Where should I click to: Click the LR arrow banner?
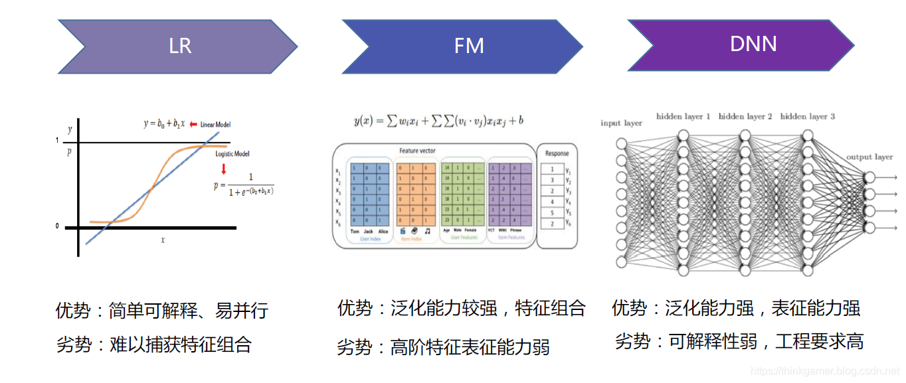click(176, 46)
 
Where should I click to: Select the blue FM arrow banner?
click(465, 46)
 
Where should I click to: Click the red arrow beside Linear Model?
click(193, 124)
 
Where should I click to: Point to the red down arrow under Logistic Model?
click(223, 169)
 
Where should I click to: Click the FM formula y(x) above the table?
click(439, 121)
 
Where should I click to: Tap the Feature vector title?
click(417, 151)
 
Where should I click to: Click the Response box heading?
click(557, 153)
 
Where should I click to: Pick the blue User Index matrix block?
click(370, 196)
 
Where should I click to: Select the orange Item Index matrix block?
click(416, 196)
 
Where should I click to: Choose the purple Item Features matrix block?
click(510, 196)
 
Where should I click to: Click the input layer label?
click(621, 123)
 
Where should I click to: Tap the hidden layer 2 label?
click(745, 116)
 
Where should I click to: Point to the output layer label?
click(869, 157)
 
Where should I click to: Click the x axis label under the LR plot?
click(162, 239)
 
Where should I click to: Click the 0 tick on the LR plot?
click(57, 226)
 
